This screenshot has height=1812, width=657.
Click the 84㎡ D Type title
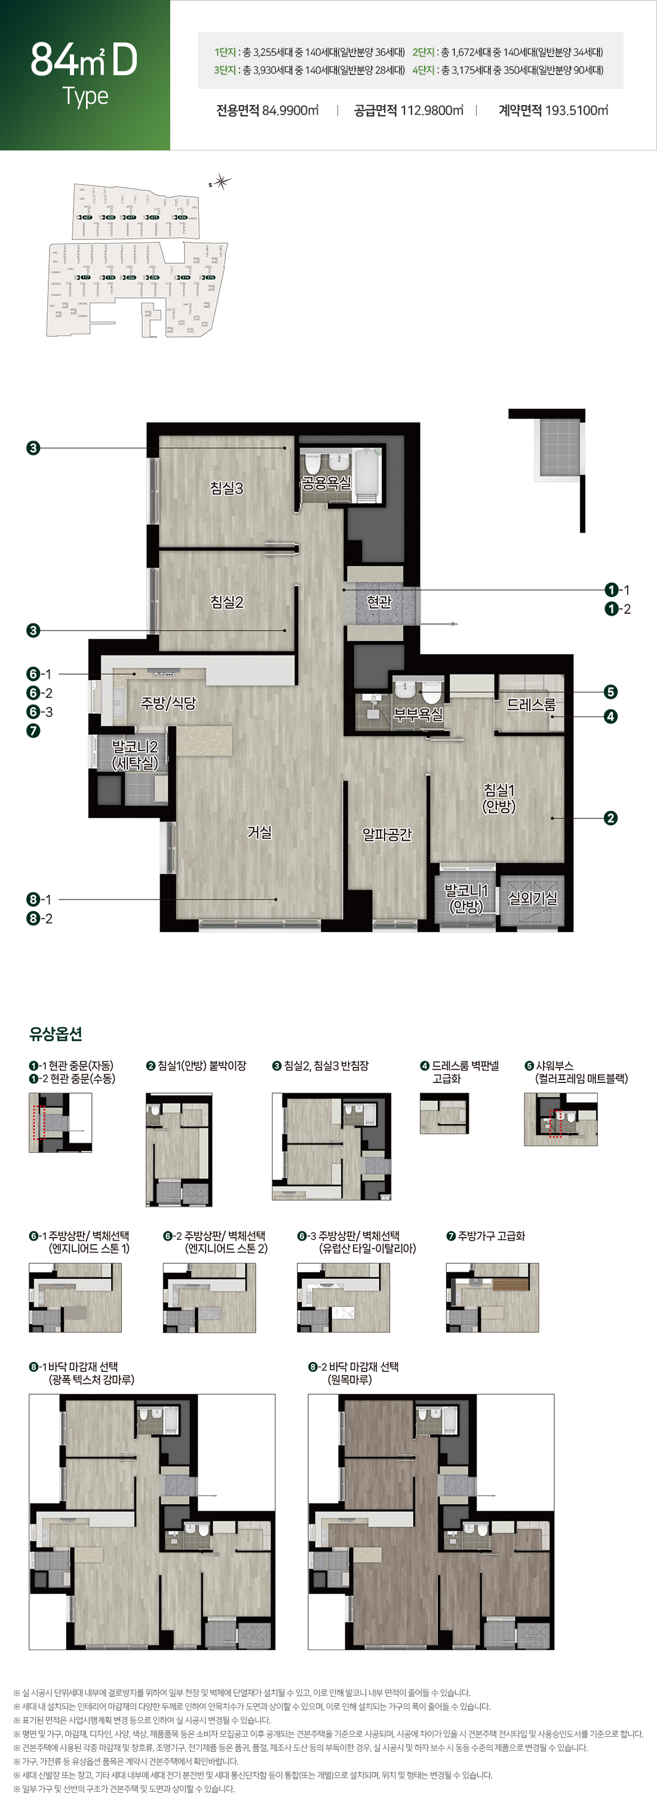click(84, 73)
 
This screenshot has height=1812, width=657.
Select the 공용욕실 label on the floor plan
click(326, 483)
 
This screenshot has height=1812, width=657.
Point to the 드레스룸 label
click(531, 704)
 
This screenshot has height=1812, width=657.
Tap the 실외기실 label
click(533, 899)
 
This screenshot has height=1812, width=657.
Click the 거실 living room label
click(260, 832)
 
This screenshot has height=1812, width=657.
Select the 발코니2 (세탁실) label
click(135, 755)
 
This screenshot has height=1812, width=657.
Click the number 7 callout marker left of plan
click(33, 731)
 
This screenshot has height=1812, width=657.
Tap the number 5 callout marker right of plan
click(610, 692)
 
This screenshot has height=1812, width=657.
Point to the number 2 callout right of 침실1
click(610, 818)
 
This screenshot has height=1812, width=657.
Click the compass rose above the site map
click(222, 183)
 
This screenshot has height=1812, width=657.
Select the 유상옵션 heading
click(56, 1033)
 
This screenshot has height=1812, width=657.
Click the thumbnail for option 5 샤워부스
click(561, 1119)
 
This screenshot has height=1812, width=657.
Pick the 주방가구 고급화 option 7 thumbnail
click(492, 1298)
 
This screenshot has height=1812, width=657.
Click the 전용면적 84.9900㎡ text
click(268, 110)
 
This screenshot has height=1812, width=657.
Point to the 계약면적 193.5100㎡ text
click(553, 110)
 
